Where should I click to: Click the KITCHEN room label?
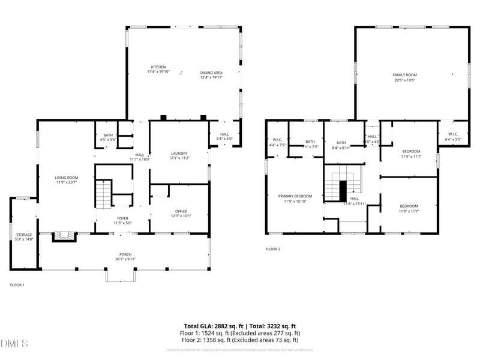(158, 67)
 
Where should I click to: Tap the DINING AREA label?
(211, 73)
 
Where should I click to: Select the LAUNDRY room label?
(179, 153)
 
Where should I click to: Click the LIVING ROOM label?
(67, 178)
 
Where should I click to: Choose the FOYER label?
(123, 218)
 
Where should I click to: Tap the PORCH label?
(125, 254)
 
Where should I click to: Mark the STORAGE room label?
(24, 235)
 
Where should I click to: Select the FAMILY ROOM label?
(404, 75)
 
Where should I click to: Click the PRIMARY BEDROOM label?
(295, 196)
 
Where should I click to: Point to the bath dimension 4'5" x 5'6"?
(108, 139)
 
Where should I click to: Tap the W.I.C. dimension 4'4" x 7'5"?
(278, 145)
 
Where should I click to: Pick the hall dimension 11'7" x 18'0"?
(139, 159)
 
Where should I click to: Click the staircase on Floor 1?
(104, 194)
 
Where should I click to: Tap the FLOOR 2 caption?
(272, 249)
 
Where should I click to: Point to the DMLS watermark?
(15, 344)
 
